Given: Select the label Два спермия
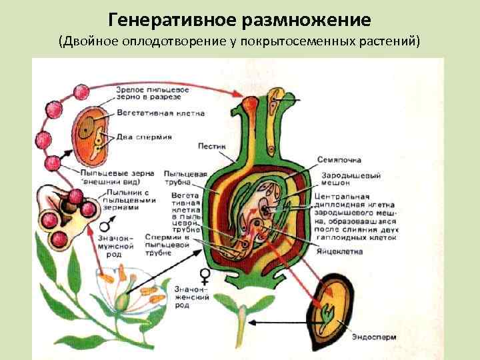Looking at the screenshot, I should [x=144, y=137].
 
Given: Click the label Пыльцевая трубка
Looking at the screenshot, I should [x=179, y=178].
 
